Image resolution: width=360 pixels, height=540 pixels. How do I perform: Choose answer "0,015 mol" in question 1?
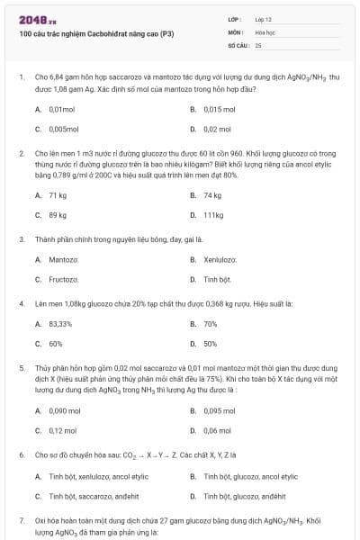[x=219, y=109]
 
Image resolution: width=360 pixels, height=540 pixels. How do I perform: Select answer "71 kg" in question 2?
[x=58, y=195]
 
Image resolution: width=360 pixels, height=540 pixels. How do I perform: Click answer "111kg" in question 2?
[x=213, y=215]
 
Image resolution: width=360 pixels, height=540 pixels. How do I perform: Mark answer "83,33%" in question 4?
[x=60, y=323]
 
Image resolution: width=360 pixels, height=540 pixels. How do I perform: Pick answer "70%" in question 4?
[x=211, y=323]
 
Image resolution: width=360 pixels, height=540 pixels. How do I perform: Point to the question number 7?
[x=22, y=520]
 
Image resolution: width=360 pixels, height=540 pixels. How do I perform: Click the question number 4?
[x=22, y=304]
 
